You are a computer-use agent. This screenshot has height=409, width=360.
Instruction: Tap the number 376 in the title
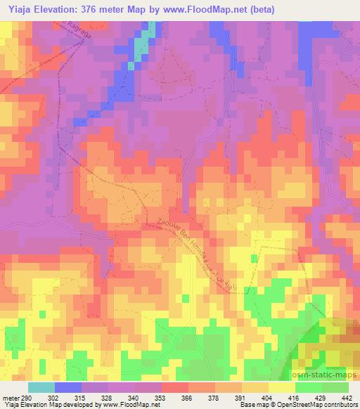pos(98,9)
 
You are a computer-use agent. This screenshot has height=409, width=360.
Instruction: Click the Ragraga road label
pos(75,32)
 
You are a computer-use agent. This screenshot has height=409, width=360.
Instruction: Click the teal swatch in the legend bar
pos(41,388)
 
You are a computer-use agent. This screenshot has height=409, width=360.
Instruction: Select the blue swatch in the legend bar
pos(68,388)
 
